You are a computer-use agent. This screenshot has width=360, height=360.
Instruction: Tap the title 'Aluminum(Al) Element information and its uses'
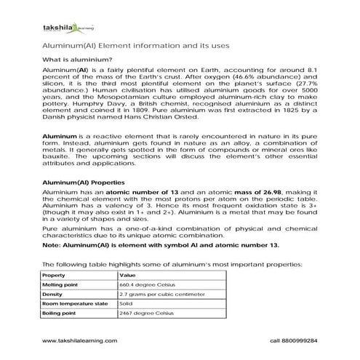(137, 45)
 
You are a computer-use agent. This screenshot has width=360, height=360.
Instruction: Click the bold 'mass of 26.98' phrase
(223, 191)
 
